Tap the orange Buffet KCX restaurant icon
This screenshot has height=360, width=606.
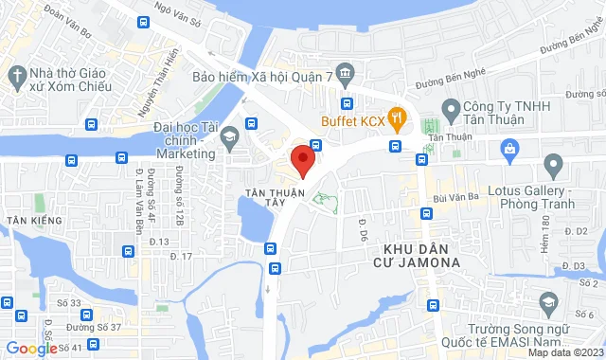tap(397, 119)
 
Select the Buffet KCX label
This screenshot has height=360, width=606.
tap(353, 120)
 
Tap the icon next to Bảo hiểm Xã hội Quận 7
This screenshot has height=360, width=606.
tap(347, 74)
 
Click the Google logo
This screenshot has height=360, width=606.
tap(30, 348)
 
